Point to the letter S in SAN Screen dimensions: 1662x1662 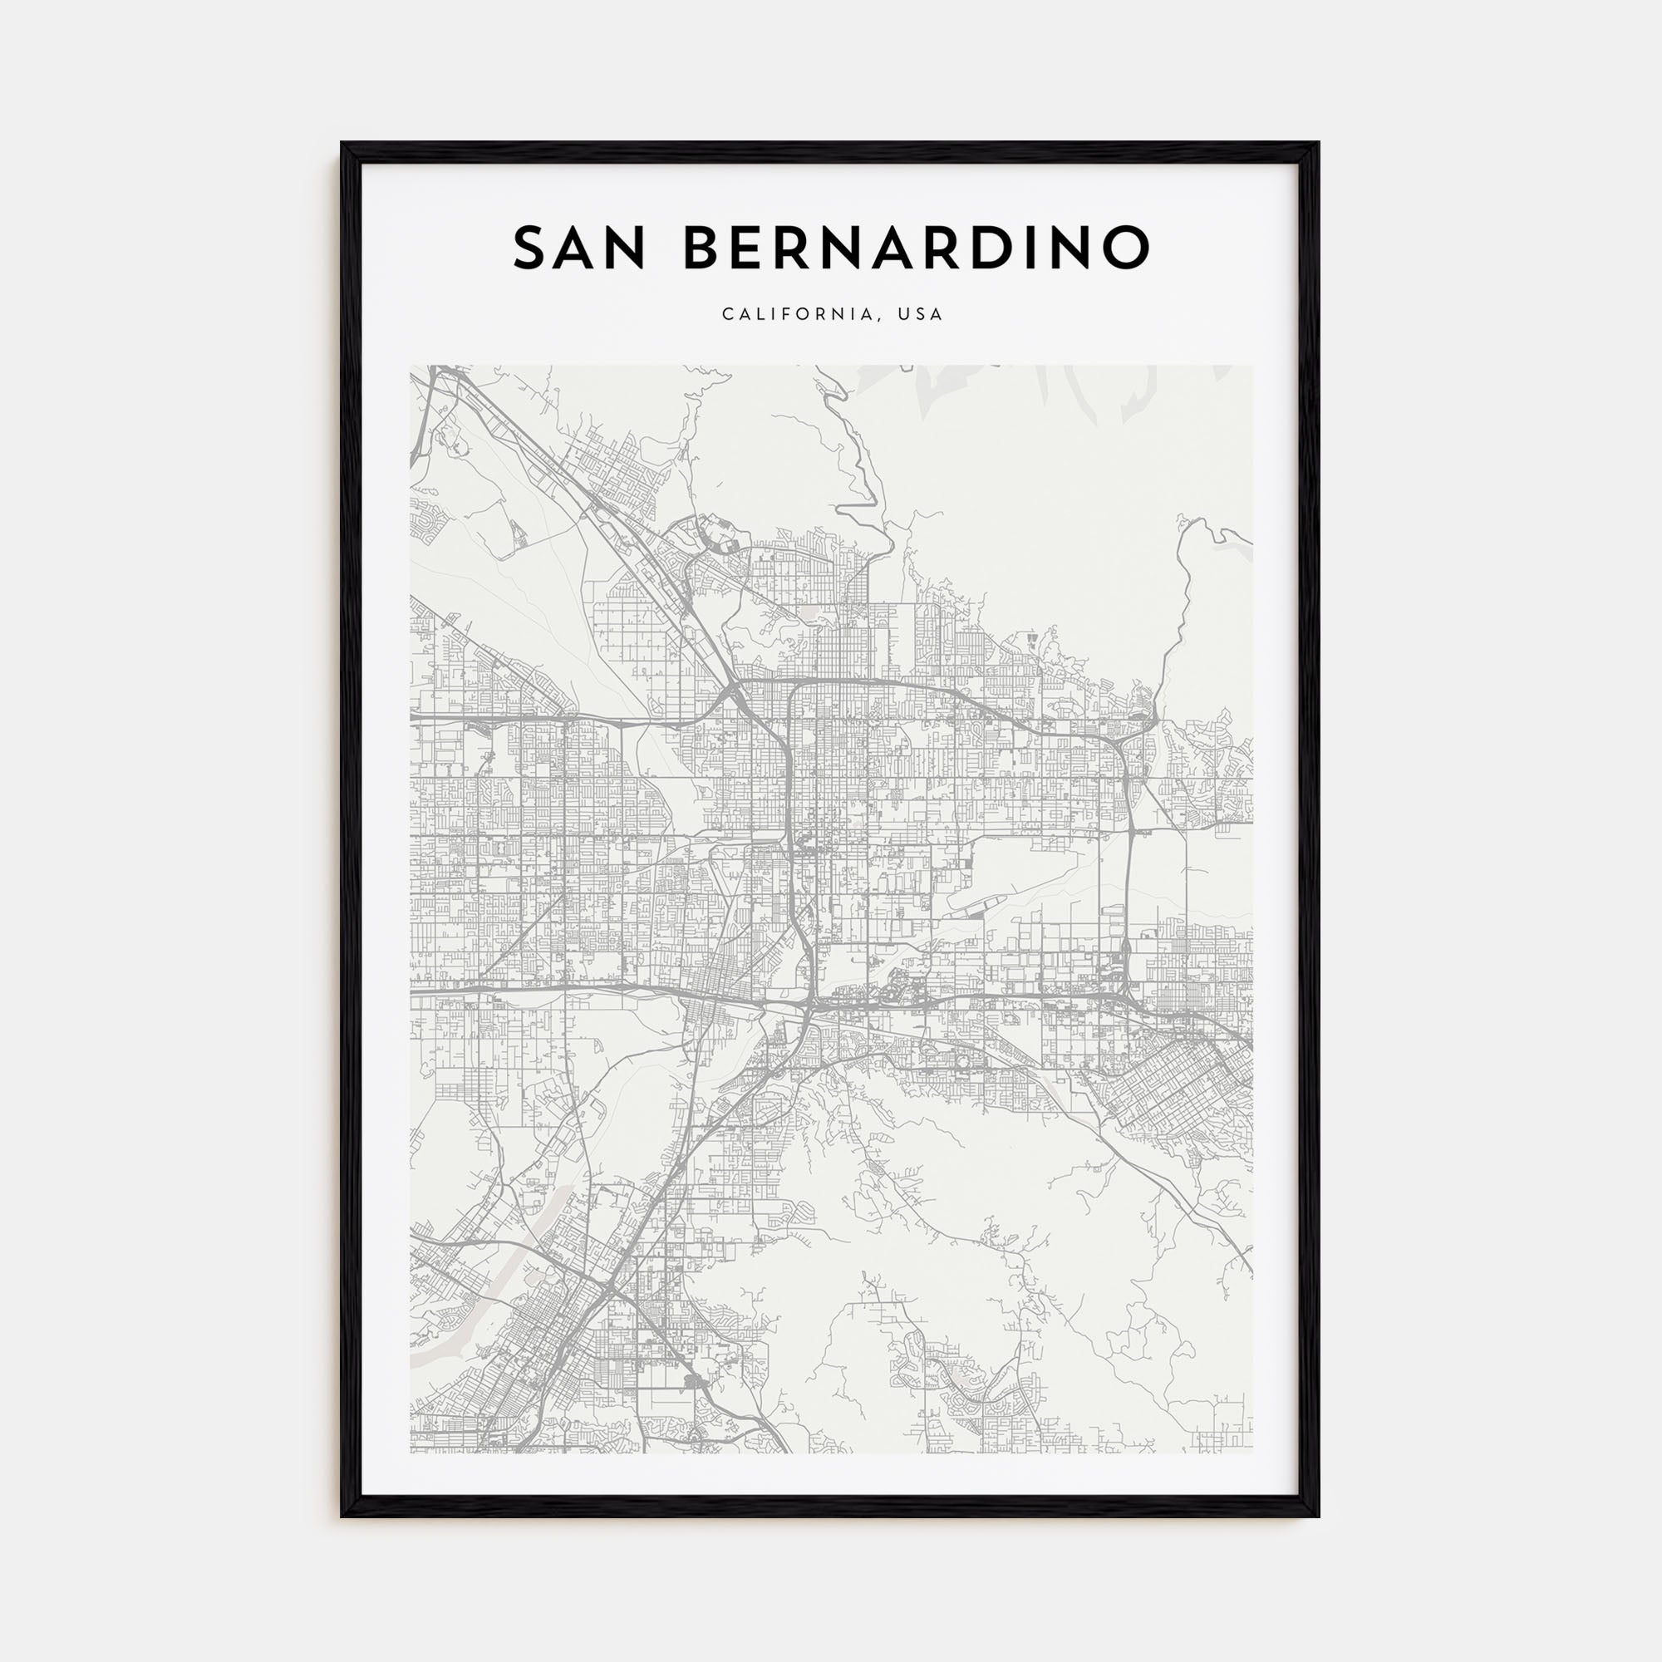pos(531,248)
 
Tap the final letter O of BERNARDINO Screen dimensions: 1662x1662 pos(1125,248)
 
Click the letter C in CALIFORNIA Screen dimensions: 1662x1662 pos(728,315)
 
